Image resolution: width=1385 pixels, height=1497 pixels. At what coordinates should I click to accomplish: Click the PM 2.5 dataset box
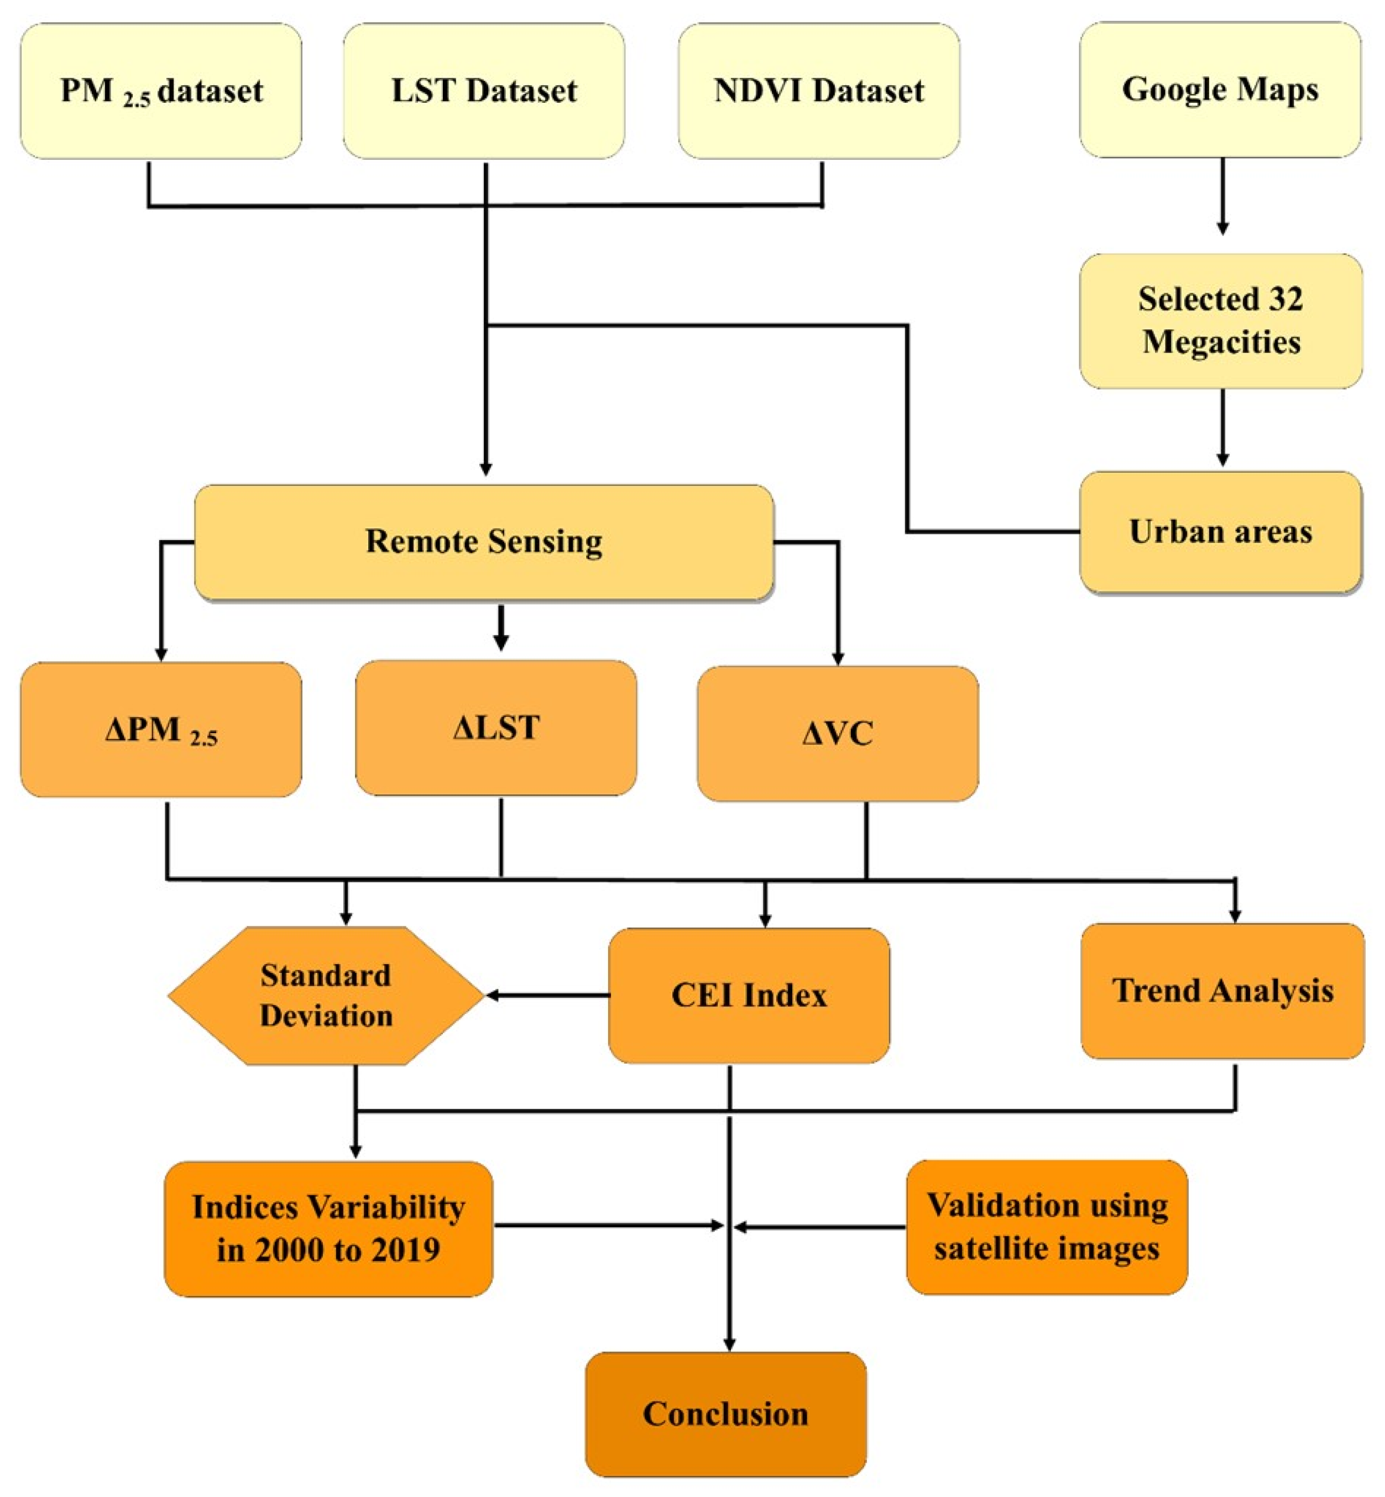pos(160,91)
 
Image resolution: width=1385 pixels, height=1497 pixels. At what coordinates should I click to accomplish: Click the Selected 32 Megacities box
pos(1220,321)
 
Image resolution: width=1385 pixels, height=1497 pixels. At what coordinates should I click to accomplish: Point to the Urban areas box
pos(1220,532)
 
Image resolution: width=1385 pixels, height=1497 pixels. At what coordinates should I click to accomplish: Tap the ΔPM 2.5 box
pos(160,729)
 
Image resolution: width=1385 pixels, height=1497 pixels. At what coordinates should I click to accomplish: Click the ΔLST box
pos(495,727)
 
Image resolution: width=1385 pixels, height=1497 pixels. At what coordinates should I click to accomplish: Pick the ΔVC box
pos(837,734)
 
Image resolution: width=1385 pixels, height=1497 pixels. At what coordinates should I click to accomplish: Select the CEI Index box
pos(748,996)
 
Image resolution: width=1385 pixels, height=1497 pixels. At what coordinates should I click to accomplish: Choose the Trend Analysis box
pos(1221,991)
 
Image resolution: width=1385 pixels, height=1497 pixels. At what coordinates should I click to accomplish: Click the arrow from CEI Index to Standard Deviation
pos(547,996)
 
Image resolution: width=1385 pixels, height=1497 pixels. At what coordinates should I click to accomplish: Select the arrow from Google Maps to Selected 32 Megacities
pos(1222,196)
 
